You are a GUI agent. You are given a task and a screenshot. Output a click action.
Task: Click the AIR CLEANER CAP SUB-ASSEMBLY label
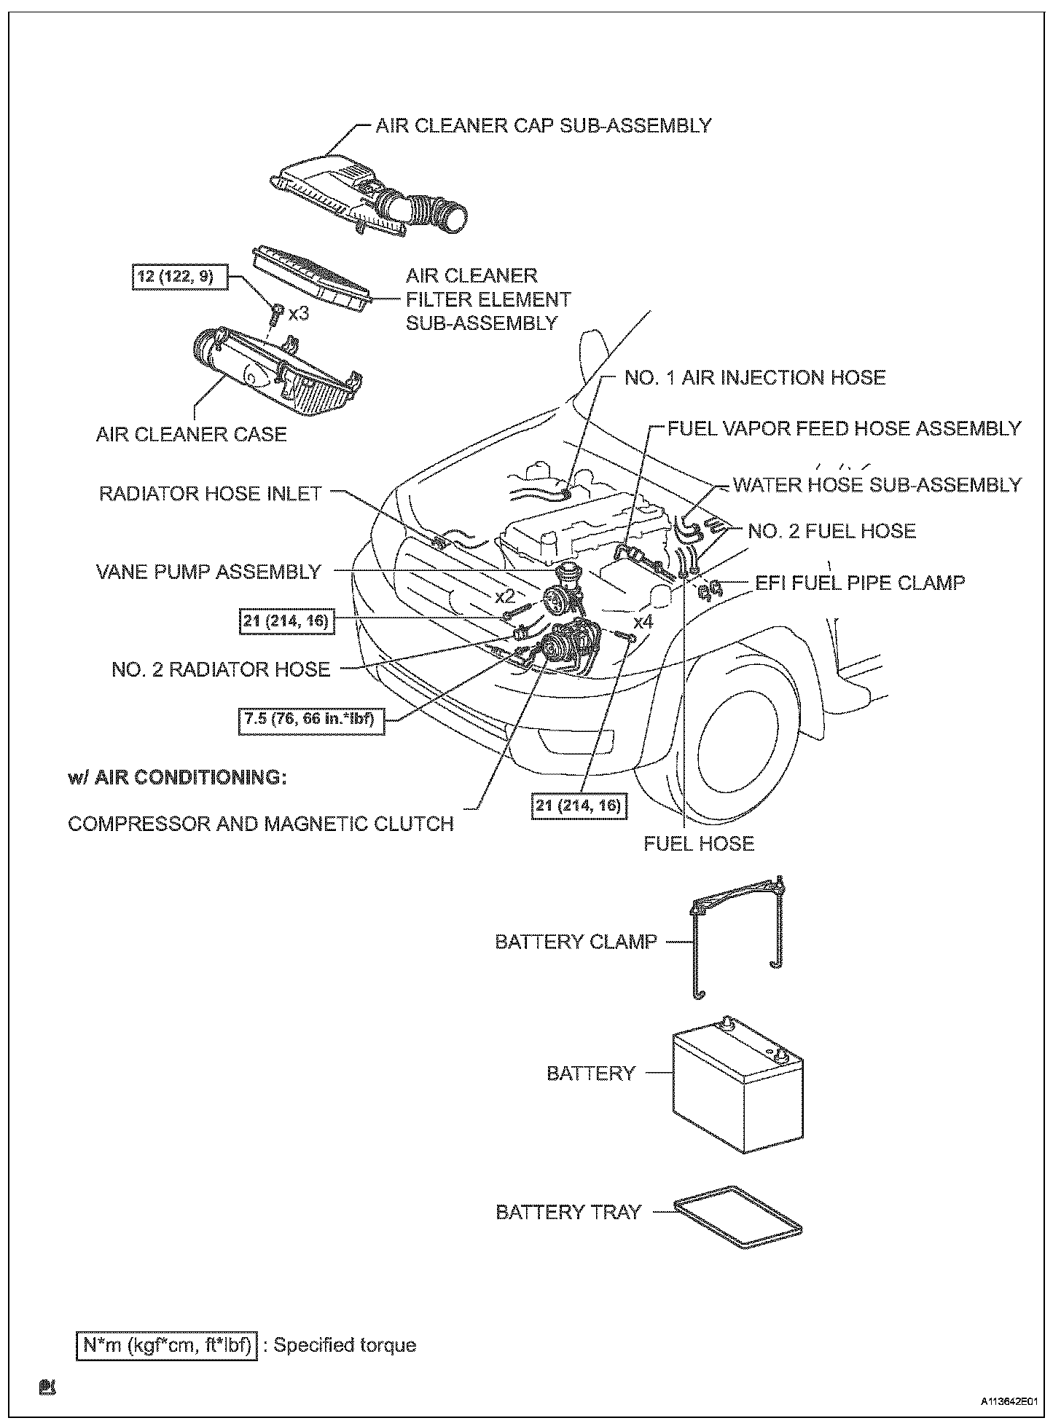coord(543,125)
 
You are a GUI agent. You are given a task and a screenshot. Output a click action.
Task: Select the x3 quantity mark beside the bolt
coord(299,314)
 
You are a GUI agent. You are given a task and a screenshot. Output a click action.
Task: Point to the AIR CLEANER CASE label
coord(191,435)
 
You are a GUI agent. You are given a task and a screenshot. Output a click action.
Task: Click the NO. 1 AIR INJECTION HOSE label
coord(755,377)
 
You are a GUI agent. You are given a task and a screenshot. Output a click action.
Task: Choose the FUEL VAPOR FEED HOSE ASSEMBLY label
coord(845,428)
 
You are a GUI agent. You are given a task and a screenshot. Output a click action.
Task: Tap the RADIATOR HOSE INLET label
coord(210,493)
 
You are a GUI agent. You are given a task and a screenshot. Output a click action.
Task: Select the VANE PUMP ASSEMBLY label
coord(208,572)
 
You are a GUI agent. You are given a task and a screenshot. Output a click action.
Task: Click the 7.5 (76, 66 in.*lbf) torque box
coord(311,721)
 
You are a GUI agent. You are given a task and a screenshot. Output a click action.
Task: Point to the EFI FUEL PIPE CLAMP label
coord(860,583)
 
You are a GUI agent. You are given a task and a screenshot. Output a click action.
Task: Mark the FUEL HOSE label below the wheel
coord(699,843)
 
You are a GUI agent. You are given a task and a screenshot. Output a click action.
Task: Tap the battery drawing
coord(736,1085)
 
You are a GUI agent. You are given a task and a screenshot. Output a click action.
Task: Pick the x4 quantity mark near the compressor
coord(643,622)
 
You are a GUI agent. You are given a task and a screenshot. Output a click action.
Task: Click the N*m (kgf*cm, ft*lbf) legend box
coord(166,1345)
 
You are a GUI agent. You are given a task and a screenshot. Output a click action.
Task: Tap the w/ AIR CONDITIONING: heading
coord(177,777)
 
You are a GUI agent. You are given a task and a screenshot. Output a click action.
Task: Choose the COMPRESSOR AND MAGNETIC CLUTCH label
coord(260,824)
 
